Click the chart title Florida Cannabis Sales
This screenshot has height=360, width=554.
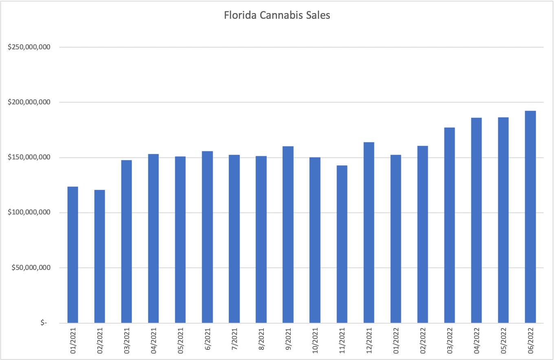click(277, 16)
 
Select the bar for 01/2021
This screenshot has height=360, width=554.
click(73, 255)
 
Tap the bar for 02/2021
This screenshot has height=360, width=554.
click(99, 256)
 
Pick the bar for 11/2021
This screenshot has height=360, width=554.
click(342, 244)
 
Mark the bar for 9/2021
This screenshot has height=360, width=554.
click(288, 234)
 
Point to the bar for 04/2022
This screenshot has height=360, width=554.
click(476, 221)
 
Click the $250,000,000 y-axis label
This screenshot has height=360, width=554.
click(29, 47)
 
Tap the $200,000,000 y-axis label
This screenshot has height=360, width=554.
click(29, 102)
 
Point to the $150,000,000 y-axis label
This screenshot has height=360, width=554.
click(29, 157)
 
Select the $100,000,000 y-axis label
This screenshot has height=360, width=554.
click(29, 213)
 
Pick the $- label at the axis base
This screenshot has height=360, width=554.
click(43, 323)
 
